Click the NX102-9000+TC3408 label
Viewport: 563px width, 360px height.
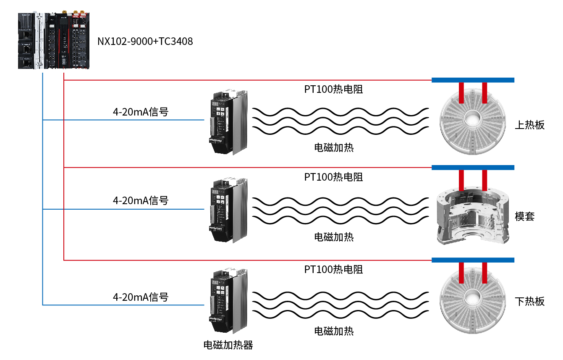[145, 42]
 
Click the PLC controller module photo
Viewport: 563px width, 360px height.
[54, 40]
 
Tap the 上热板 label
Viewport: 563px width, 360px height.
[529, 125]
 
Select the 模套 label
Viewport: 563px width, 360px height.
[524, 216]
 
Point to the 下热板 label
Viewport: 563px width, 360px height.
[529, 301]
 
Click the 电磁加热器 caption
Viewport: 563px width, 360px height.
[228, 345]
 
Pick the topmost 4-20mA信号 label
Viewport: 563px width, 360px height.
[141, 112]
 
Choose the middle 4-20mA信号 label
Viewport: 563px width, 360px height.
[141, 201]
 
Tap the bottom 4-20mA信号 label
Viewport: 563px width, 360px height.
[141, 297]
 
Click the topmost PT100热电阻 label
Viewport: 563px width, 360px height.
[333, 89]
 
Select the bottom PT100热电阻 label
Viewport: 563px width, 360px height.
[333, 270]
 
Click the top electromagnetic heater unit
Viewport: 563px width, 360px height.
[228, 122]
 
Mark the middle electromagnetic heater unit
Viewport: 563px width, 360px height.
[228, 210]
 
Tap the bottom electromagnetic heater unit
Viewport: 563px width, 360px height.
[228, 300]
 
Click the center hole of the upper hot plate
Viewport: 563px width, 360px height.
[472, 119]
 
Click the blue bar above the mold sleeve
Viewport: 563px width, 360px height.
[473, 168]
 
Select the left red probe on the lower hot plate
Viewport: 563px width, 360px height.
[461, 273]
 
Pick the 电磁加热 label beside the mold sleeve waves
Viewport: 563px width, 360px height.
[334, 237]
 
